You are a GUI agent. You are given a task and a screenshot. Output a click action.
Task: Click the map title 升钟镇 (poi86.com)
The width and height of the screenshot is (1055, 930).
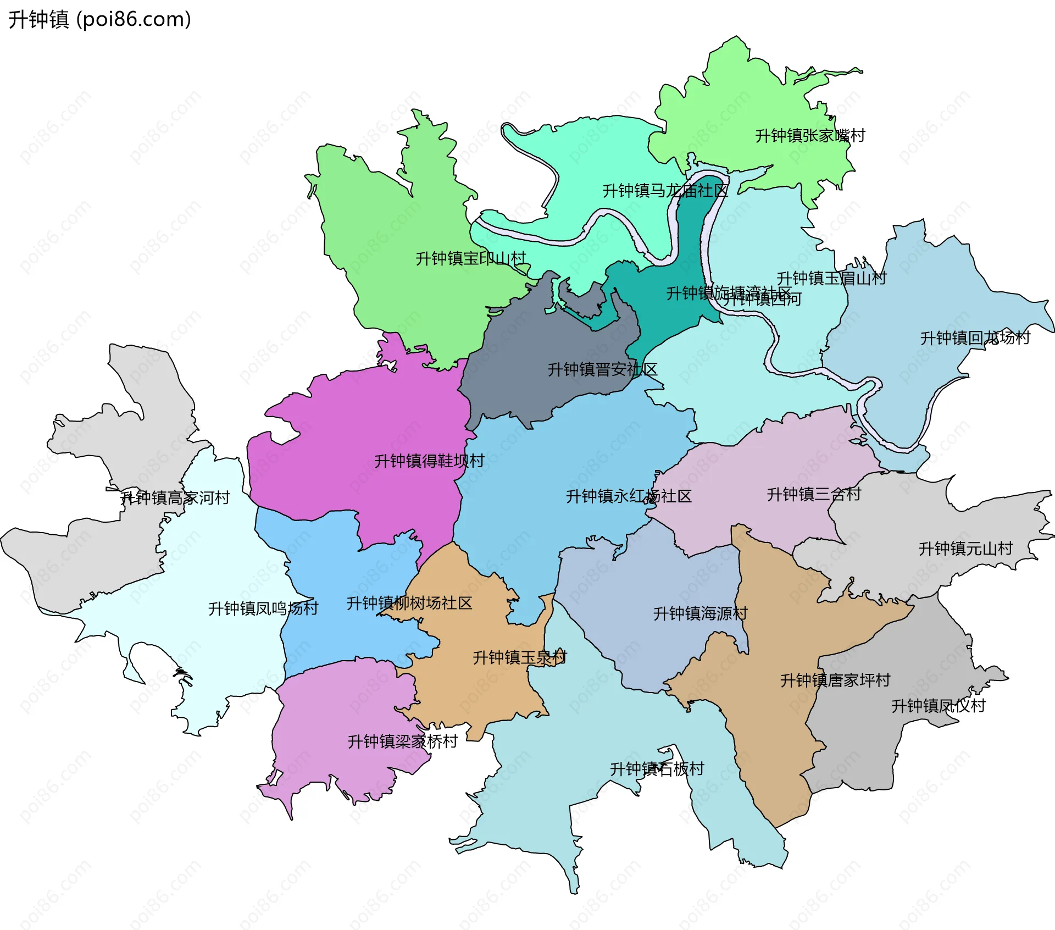pos(99,19)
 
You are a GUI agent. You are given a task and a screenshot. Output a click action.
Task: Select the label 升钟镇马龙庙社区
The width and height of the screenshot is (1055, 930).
pos(665,191)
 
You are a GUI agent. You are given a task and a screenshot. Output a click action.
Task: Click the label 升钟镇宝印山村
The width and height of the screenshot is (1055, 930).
pos(471,258)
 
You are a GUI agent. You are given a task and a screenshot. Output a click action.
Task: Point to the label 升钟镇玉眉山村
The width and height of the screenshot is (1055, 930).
pos(831,278)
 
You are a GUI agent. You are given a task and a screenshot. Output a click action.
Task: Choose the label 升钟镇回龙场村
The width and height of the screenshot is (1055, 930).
pos(975,337)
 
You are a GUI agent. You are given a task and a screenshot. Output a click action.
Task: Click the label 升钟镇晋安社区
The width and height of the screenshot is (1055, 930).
pos(602,369)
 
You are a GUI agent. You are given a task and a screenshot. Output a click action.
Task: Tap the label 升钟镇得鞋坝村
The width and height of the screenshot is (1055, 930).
pos(429,461)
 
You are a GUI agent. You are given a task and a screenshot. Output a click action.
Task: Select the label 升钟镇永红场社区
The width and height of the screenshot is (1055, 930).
pos(629,496)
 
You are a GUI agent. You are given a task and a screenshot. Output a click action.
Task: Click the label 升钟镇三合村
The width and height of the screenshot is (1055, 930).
pos(814,494)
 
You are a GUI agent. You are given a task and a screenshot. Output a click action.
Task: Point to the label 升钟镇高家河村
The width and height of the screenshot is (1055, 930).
pos(175,498)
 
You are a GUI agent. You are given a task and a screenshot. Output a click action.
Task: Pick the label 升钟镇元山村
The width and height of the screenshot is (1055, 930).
pos(965,548)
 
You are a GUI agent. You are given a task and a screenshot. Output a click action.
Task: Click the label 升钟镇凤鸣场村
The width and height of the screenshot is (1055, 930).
pos(263,608)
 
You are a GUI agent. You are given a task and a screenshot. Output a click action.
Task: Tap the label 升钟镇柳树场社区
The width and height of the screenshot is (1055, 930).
pos(409,603)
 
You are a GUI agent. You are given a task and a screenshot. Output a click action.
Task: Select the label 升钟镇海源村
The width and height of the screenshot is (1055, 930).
pos(700,613)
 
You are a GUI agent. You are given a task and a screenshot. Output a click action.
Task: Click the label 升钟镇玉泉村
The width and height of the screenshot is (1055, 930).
pos(519,657)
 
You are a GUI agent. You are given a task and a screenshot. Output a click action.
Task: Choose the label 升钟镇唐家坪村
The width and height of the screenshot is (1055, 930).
pos(835,680)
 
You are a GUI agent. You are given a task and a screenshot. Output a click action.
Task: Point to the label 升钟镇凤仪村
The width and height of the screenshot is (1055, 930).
pos(938,706)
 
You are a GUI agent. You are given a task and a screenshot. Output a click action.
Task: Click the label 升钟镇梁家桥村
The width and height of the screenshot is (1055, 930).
pos(402,741)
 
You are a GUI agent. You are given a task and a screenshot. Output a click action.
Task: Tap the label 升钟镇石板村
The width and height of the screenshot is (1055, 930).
pos(657,769)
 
